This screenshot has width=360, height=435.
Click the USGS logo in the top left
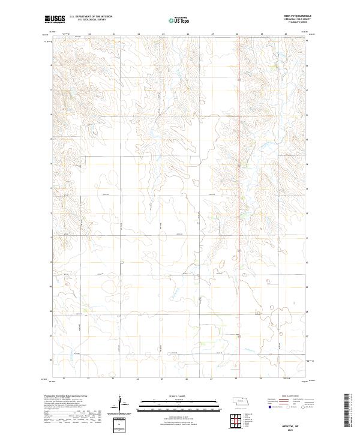[55, 19]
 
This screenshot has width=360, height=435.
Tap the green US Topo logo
[178, 20]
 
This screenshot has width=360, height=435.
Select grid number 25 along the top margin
[163, 34]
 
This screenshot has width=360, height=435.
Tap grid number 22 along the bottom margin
[88, 379]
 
